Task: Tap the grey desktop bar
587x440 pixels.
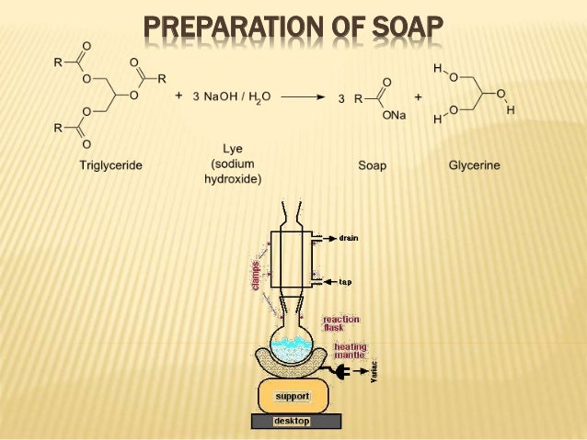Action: pyautogui.click(x=295, y=421)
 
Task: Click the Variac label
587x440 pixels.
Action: pyautogui.click(x=375, y=371)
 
